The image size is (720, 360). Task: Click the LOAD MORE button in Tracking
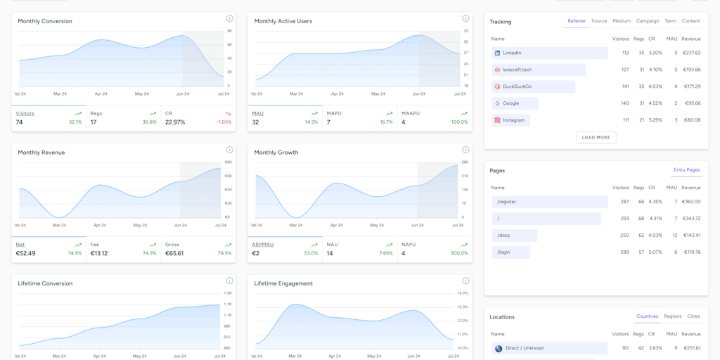pyautogui.click(x=596, y=137)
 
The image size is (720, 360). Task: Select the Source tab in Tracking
pyautogui.click(x=599, y=21)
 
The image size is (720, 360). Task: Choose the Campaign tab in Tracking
pyautogui.click(x=648, y=21)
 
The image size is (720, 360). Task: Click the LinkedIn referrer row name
pyautogui.click(x=512, y=53)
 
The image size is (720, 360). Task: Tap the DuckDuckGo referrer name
pyautogui.click(x=517, y=86)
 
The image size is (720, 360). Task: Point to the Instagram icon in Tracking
pyautogui.click(x=497, y=120)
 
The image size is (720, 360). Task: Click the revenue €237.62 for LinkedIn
pyautogui.click(x=691, y=53)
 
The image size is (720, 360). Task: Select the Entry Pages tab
pyautogui.click(x=686, y=170)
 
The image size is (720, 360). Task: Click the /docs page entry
pyautogui.click(x=503, y=236)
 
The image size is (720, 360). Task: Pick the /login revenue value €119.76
pyautogui.click(x=691, y=252)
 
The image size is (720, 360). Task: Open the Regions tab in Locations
pyautogui.click(x=672, y=316)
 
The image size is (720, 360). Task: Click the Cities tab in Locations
pyautogui.click(x=693, y=316)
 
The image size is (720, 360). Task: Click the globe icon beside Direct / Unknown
pyautogui.click(x=499, y=348)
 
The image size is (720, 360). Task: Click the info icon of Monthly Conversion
pyautogui.click(x=229, y=18)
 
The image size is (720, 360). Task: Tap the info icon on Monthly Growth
pyautogui.click(x=465, y=150)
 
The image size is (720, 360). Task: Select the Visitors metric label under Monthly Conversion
pyautogui.click(x=25, y=113)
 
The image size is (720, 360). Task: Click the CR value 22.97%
pyautogui.click(x=175, y=122)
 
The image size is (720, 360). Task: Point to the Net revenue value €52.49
pyautogui.click(x=25, y=253)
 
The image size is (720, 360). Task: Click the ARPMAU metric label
pyautogui.click(x=262, y=245)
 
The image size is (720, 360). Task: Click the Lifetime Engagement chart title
pyautogui.click(x=283, y=283)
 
